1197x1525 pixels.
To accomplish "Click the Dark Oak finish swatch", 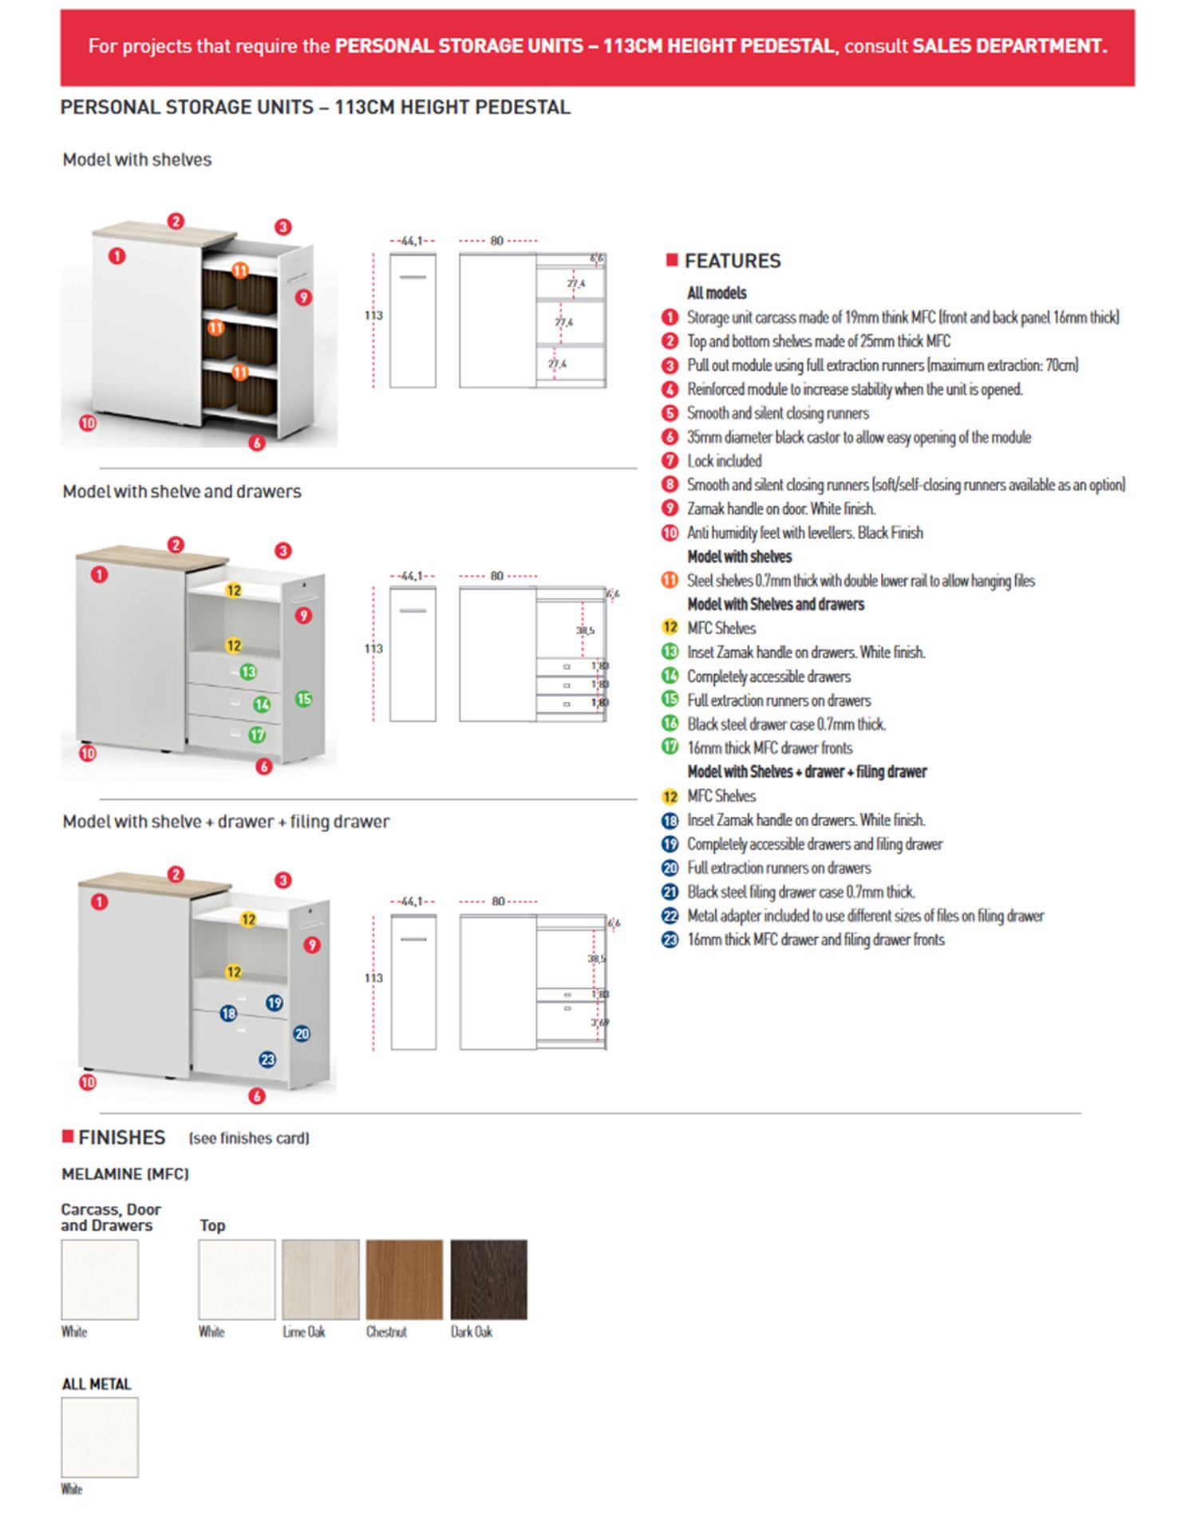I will tap(488, 1279).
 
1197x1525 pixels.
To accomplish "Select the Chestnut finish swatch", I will tap(404, 1279).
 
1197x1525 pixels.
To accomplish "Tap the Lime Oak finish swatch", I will tap(320, 1279).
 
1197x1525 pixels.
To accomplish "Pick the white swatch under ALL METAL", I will tap(100, 1436).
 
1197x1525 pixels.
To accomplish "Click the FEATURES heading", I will tap(732, 261).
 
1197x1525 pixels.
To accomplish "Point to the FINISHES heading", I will tap(121, 1137).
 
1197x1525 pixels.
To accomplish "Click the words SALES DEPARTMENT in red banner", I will tap(1009, 46).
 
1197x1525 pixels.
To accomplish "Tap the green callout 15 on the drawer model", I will tap(304, 699).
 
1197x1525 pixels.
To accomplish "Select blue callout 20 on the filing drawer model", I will tap(302, 1034).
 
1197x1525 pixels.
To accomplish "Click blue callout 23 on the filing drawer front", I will tap(267, 1059).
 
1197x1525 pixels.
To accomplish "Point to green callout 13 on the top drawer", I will tap(248, 672).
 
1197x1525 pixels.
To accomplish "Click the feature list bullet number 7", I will tap(670, 460).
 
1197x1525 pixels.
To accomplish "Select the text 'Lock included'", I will tap(724, 461).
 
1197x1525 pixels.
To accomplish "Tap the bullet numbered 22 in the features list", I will tap(670, 916).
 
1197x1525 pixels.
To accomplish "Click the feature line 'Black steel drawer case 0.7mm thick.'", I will tap(786, 724).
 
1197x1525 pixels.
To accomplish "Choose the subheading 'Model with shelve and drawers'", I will tap(182, 491).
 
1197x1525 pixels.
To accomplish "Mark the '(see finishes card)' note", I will tap(249, 1138).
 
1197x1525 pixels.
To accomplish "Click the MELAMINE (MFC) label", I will tap(125, 1174).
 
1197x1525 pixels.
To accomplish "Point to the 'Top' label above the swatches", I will tap(212, 1225).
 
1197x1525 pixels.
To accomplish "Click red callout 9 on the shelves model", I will tap(303, 298).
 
